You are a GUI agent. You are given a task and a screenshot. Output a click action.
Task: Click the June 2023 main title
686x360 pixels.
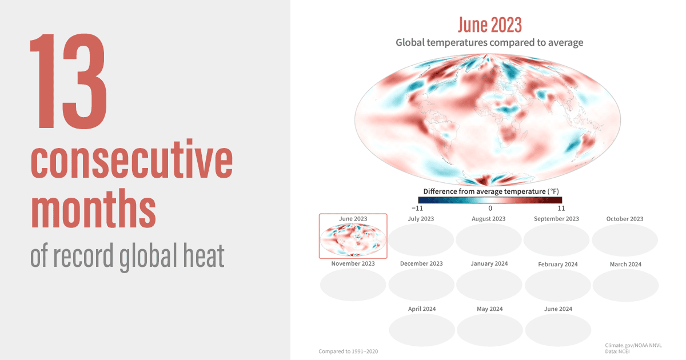(x=489, y=25)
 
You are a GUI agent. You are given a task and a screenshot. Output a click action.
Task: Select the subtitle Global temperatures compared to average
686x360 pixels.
(x=489, y=43)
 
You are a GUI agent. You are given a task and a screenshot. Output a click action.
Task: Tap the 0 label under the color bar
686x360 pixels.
(x=490, y=208)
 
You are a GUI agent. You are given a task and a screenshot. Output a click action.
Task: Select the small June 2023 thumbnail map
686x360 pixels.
(x=353, y=239)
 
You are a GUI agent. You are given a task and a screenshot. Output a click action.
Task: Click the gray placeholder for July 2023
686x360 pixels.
(x=421, y=239)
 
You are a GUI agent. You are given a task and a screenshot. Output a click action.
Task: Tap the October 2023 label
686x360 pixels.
(x=625, y=219)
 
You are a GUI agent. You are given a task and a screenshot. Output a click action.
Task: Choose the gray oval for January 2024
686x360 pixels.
(x=489, y=285)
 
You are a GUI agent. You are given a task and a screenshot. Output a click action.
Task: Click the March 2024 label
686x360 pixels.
(x=625, y=264)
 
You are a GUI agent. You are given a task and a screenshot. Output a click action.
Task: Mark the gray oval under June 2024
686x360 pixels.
(x=557, y=330)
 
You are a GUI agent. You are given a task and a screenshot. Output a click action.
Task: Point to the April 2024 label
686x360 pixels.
(x=422, y=309)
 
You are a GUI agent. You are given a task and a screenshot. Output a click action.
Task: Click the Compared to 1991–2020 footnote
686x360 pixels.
(x=348, y=351)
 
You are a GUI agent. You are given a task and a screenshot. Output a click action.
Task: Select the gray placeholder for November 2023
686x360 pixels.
(x=353, y=285)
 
